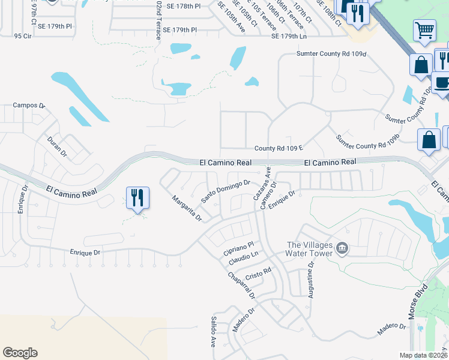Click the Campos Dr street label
click(x=29, y=106)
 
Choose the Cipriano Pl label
click(x=240, y=245)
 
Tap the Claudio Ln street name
click(x=243, y=258)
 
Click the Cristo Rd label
click(x=259, y=274)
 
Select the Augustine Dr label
click(x=311, y=280)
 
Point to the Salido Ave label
click(x=213, y=332)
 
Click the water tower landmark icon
click(x=342, y=248)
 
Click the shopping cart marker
click(x=424, y=30)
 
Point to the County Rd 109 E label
click(x=280, y=148)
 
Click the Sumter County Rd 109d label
click(x=331, y=54)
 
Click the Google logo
click(x=20, y=353)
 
